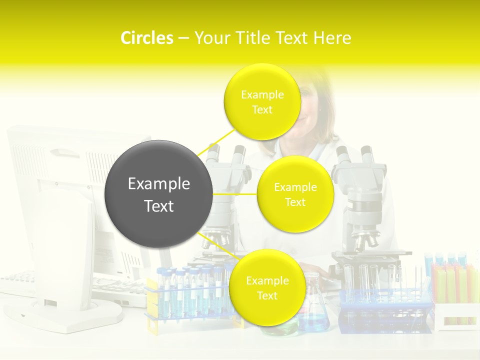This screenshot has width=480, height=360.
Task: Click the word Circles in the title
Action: pyautogui.click(x=146, y=38)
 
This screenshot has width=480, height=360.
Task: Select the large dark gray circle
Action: pyautogui.click(x=158, y=194)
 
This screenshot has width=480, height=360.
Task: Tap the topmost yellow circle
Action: pyautogui.click(x=262, y=101)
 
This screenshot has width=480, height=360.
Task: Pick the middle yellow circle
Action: pyautogui.click(x=295, y=194)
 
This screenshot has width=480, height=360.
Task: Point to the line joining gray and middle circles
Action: pyautogui.click(x=234, y=193)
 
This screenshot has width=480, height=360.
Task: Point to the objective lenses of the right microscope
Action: pyautogui.click(x=363, y=239)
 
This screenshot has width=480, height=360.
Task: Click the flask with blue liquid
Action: pyautogui.click(x=314, y=312)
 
